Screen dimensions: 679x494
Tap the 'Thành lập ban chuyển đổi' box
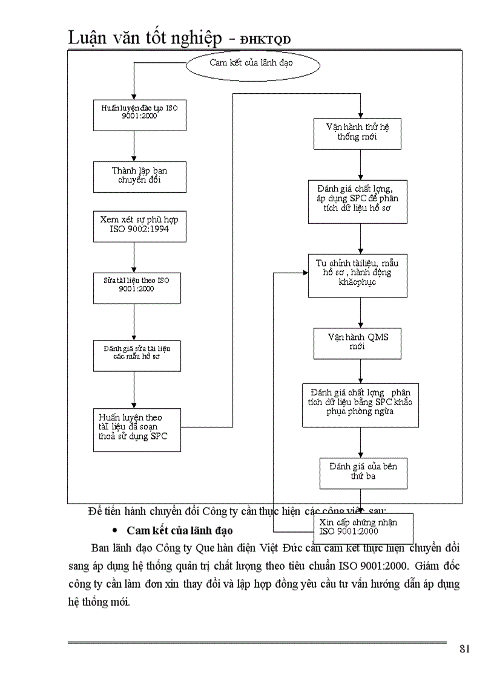coord(139,176)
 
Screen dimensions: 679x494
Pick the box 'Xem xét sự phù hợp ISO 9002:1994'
coord(139,226)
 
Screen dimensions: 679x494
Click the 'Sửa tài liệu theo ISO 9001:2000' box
coord(137,287)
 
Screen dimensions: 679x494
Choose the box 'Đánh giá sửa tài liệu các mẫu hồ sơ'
coord(137,355)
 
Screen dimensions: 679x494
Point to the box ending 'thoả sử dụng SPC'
coord(137,430)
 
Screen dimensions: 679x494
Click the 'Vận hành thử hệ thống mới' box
coord(357,133)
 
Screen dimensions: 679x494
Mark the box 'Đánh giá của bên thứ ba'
coord(363,472)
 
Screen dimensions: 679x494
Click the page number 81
coord(465,649)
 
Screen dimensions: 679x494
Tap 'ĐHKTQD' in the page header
coord(266,40)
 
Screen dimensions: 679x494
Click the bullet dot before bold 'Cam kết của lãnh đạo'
coord(116,531)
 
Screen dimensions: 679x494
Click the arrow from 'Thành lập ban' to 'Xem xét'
coord(134,201)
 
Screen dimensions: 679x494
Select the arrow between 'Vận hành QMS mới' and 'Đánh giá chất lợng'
coord(361,371)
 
